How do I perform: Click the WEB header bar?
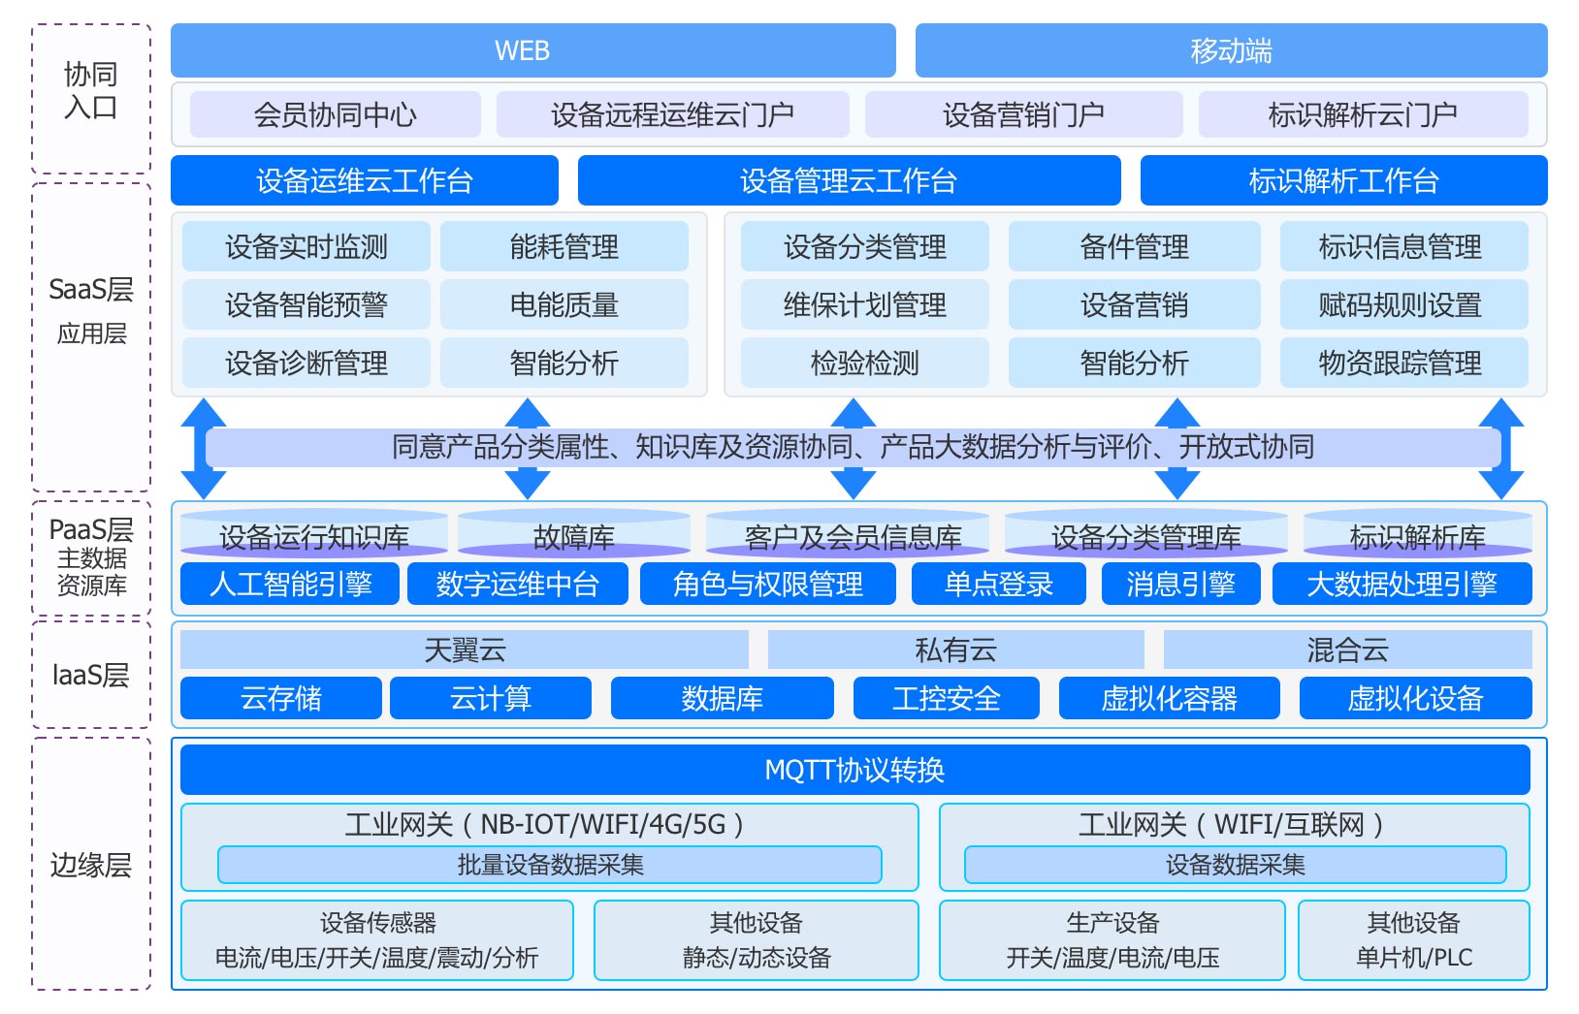click(532, 50)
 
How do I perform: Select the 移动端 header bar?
click(1231, 50)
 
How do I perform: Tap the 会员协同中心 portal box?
click(335, 115)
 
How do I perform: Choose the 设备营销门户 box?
click(1023, 115)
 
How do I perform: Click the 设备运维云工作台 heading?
click(364, 181)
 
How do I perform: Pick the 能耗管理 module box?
click(564, 247)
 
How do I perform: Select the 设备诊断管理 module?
click(306, 364)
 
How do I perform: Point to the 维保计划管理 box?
click(864, 305)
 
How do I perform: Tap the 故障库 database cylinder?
click(573, 536)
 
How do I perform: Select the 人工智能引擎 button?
click(290, 585)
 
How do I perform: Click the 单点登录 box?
click(998, 585)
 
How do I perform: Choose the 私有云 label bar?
click(955, 650)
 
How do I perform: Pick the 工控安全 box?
click(946, 699)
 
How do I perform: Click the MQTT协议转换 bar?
click(854, 771)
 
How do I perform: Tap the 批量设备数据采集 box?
click(550, 865)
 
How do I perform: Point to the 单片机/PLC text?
click(1413, 958)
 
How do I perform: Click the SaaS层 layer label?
click(91, 290)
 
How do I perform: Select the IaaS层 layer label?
click(91, 675)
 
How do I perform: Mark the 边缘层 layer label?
click(91, 865)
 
